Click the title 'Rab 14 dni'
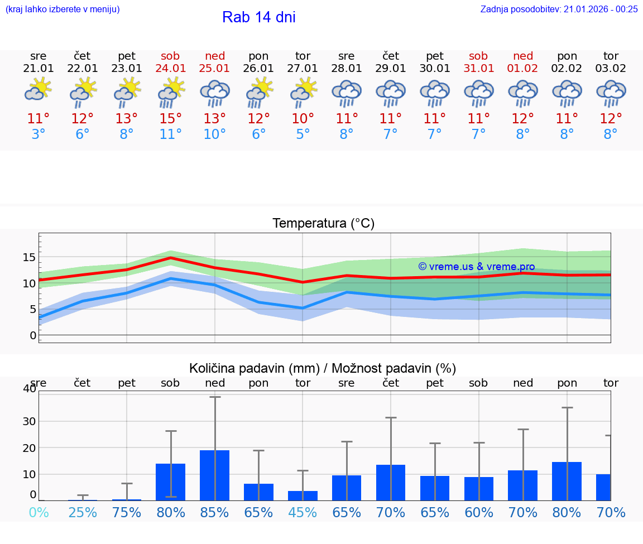click(258, 17)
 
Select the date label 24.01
click(171, 69)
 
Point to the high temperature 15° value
click(171, 119)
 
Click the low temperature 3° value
click(39, 134)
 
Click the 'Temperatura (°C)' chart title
click(323, 223)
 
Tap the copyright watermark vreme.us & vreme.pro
click(476, 267)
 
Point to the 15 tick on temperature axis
click(29, 257)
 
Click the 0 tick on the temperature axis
click(33, 335)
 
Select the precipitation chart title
click(323, 368)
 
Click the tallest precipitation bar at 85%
click(215, 475)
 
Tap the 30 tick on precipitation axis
click(29, 421)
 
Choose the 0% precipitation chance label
click(39, 512)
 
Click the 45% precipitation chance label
click(303, 512)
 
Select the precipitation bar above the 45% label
click(303, 495)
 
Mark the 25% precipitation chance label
click(83, 512)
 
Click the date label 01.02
click(523, 69)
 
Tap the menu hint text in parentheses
click(63, 9)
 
